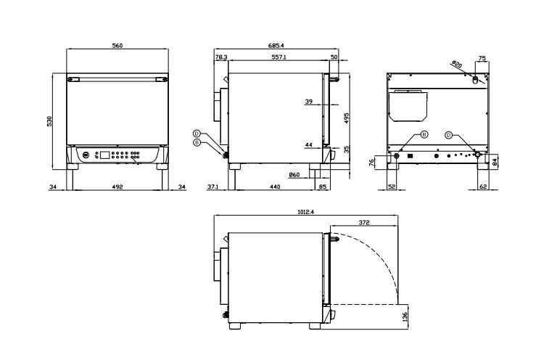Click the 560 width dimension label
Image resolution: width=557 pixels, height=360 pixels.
[117, 46]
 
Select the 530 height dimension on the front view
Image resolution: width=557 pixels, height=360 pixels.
[50, 120]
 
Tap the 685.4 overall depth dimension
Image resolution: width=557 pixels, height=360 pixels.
[276, 46]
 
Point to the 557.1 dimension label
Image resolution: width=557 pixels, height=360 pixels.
[278, 57]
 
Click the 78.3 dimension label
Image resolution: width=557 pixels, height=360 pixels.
[221, 57]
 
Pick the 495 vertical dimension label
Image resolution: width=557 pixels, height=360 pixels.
[347, 118]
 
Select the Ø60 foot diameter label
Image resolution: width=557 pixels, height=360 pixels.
[294, 174]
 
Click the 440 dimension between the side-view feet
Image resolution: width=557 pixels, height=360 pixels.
[275, 187]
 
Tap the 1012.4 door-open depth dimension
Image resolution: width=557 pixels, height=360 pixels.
[306, 212]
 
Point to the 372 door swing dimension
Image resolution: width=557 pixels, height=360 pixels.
[364, 223]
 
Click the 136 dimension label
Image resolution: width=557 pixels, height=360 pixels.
[405, 316]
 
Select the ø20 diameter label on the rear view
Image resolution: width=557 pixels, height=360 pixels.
[457, 65]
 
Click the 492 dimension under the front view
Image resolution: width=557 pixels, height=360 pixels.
[117, 187]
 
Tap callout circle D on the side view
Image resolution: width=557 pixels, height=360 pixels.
[197, 134]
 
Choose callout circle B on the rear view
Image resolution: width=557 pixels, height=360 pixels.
[424, 135]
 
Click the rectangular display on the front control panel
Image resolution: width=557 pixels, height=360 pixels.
[104, 155]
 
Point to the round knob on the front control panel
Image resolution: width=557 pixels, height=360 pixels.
[86, 155]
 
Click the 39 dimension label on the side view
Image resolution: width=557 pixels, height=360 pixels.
[309, 102]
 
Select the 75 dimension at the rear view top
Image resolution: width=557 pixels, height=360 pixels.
[482, 58]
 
